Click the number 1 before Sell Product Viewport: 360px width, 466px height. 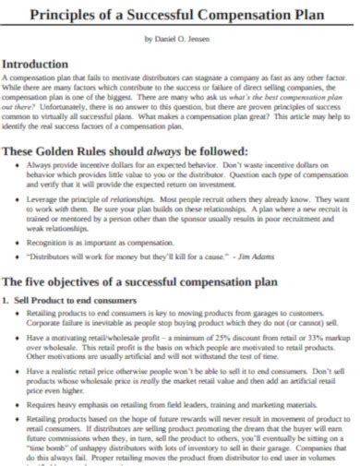tap(6, 302)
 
